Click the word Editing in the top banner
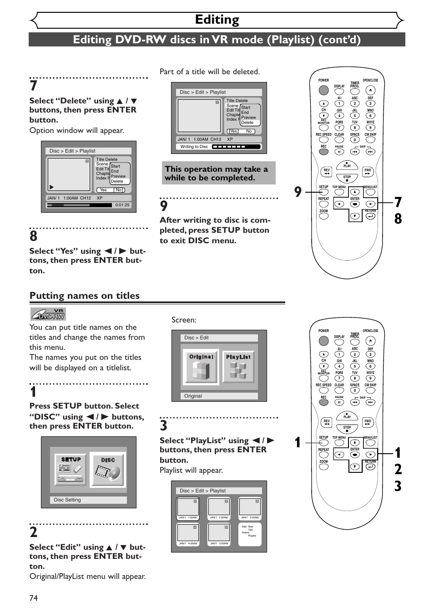coord(217,20)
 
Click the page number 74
coord(34,598)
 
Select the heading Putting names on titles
coord(85,296)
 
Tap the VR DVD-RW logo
coord(48,314)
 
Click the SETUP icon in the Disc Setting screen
coord(71,470)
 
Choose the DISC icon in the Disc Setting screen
coord(108,470)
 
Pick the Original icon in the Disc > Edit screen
coord(201,367)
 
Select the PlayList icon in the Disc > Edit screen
coord(238,367)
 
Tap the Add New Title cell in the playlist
coord(250,533)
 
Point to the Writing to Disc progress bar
coord(237,147)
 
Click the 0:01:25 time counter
coord(122,205)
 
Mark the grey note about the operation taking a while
coord(218,173)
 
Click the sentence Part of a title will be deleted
coord(210,72)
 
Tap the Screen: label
coord(184,320)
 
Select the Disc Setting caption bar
coord(88,500)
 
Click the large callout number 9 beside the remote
coord(298,192)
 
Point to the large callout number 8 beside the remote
coord(398,219)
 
